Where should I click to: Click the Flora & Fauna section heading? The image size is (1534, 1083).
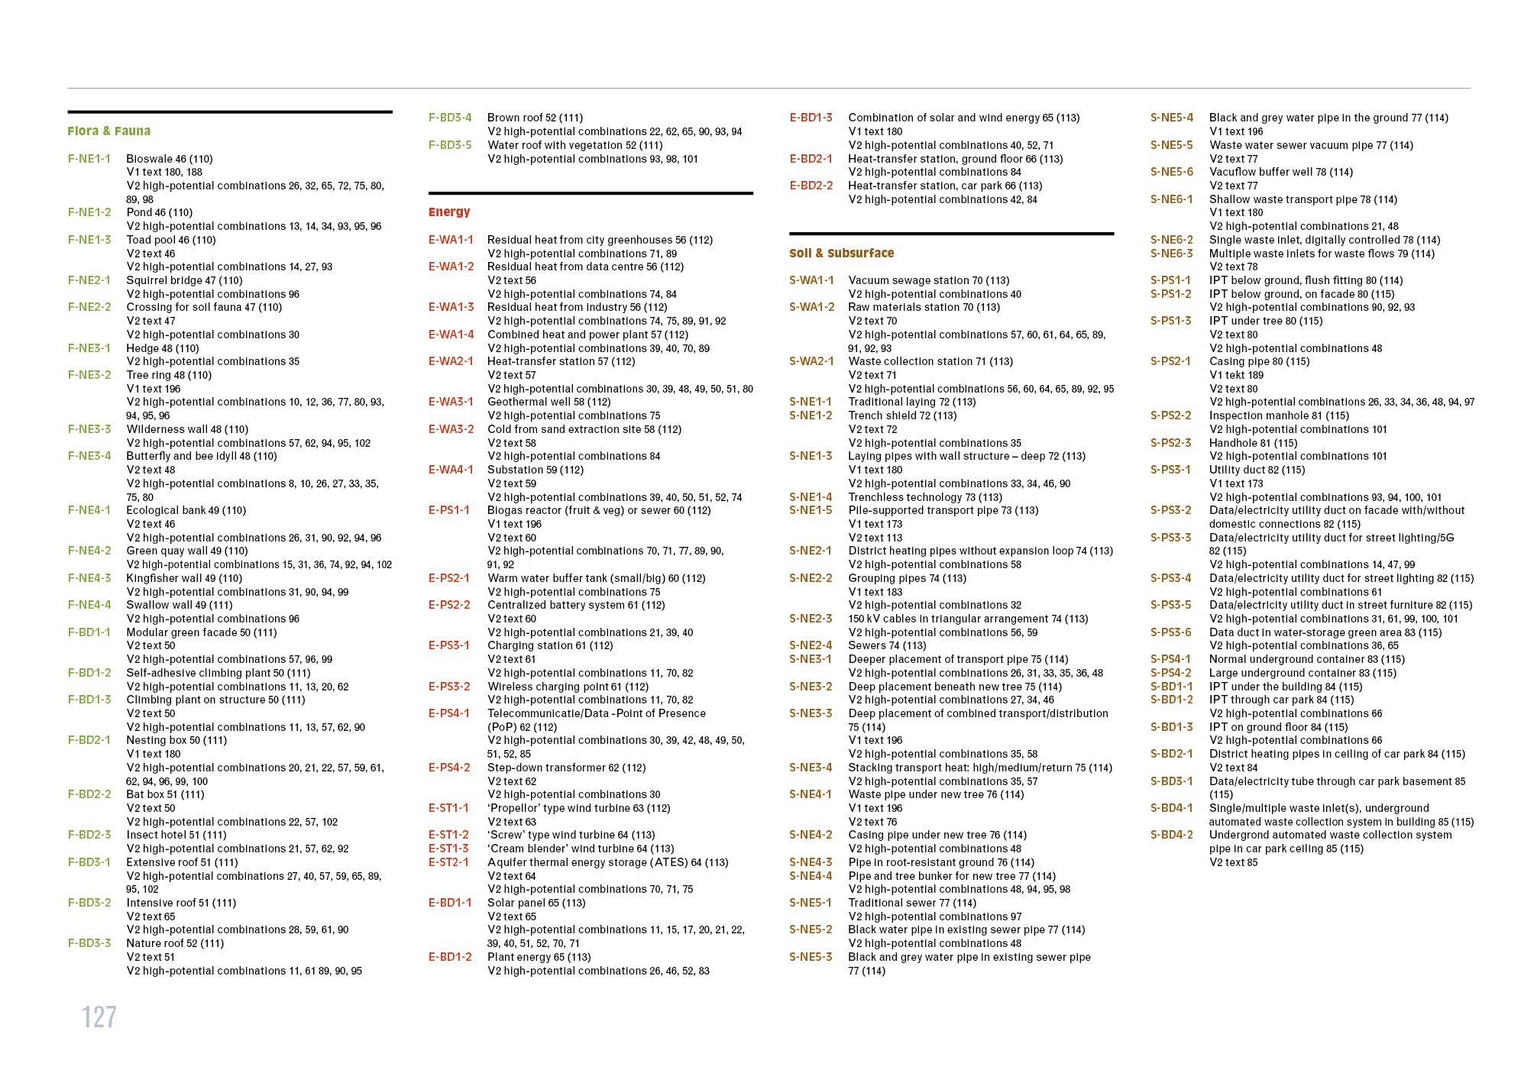click(108, 131)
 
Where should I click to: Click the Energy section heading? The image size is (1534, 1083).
click(449, 212)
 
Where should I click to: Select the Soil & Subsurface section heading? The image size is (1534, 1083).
click(841, 254)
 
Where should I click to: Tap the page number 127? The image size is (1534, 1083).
click(99, 1017)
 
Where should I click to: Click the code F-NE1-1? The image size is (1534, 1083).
click(89, 159)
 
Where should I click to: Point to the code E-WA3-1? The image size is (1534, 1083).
click(451, 402)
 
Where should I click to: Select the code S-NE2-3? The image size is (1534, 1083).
click(811, 619)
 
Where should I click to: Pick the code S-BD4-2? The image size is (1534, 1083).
click(1171, 835)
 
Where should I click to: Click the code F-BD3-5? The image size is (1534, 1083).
click(450, 145)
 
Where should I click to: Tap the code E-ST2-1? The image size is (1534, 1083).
click(448, 862)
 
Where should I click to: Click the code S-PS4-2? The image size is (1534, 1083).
click(1171, 673)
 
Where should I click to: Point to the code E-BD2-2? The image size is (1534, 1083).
click(811, 186)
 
